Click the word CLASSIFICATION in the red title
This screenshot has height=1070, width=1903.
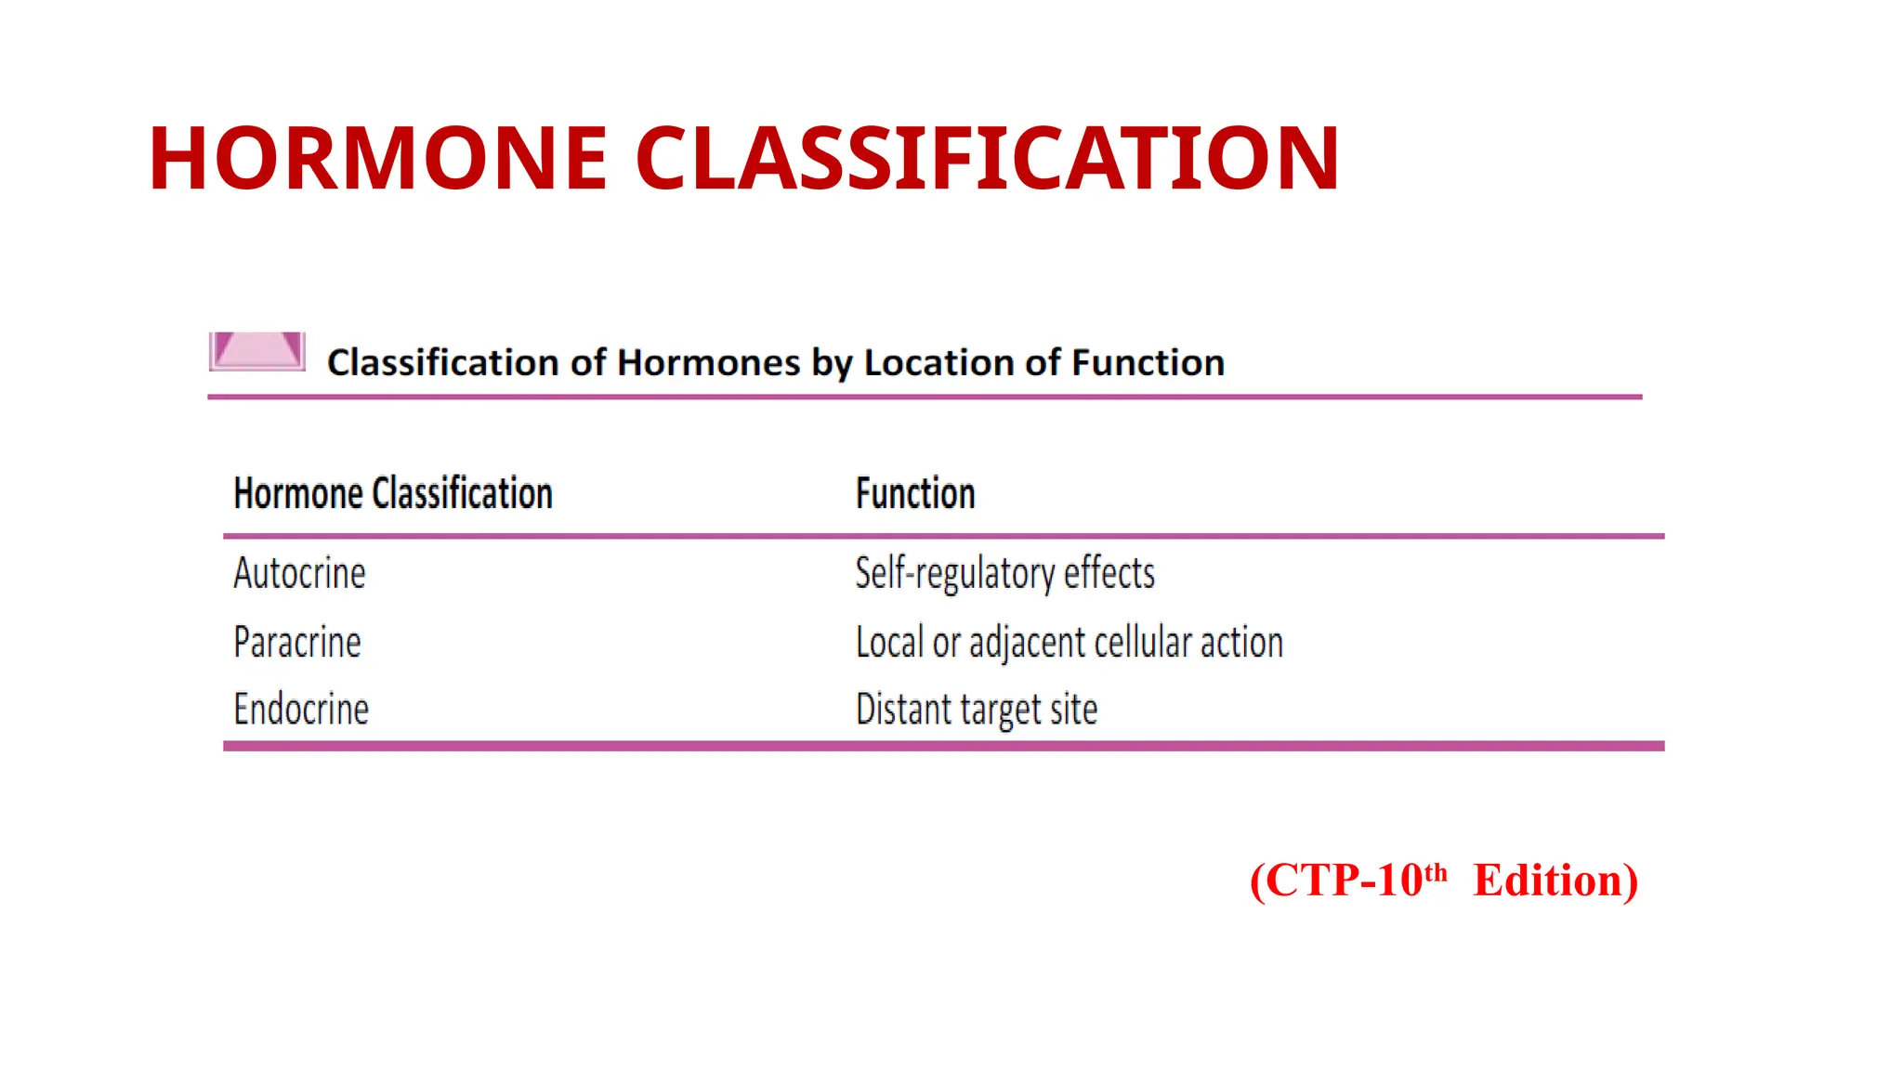[987, 159]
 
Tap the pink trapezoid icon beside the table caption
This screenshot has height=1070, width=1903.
[257, 351]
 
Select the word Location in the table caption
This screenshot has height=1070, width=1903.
[938, 363]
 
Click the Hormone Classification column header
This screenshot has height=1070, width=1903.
[393, 493]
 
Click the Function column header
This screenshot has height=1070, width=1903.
[915, 493]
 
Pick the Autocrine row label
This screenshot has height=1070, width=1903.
[299, 573]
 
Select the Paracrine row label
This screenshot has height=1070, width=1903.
[297, 643]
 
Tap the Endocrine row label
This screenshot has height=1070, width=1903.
[301, 710]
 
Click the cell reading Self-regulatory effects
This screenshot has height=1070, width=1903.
[1004, 573]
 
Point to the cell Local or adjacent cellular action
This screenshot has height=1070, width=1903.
[1069, 643]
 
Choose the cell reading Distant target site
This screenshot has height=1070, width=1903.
[976, 710]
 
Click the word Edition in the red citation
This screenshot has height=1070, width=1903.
[1555, 881]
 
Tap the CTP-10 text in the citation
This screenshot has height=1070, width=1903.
[1343, 881]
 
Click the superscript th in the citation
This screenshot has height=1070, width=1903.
[1436, 872]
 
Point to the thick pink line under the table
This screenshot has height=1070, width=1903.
[943, 746]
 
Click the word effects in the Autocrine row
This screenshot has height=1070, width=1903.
[1109, 573]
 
